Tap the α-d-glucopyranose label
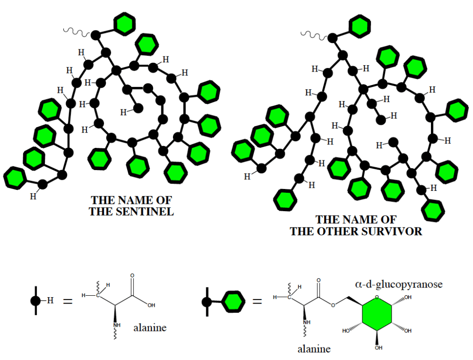click(x=399, y=284)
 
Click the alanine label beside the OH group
click(x=150, y=329)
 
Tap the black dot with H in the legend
click(x=36, y=301)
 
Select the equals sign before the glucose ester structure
click(x=258, y=302)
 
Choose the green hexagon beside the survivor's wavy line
click(x=360, y=27)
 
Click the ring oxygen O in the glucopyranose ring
click(x=377, y=297)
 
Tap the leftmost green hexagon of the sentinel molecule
click(x=15, y=177)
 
